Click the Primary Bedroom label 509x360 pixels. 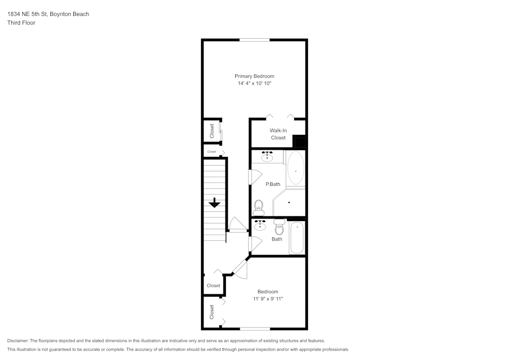[x=254, y=76]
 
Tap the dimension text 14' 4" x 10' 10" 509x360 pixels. [x=254, y=83]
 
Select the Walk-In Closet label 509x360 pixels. [x=278, y=134]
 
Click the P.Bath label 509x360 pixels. [x=272, y=184]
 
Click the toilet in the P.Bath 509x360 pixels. [x=259, y=207]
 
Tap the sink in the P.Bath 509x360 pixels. [x=267, y=156]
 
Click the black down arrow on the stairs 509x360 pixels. [x=214, y=202]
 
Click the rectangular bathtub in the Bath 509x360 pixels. [x=296, y=238]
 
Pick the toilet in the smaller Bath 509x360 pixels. [x=278, y=227]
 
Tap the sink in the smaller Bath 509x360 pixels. [x=260, y=226]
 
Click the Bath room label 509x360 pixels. [x=277, y=239]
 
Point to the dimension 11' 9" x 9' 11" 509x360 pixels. [x=268, y=299]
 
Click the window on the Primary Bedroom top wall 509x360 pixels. [x=254, y=40]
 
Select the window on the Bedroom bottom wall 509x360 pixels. [x=254, y=328]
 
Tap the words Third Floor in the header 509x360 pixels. [x=21, y=23]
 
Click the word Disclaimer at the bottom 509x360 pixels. [x=18, y=341]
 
